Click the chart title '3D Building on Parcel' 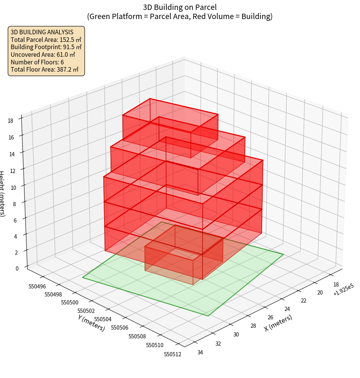[x=180, y=7]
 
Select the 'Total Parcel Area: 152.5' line [x=46, y=40]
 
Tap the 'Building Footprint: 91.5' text [x=46, y=47]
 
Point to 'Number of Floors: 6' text [x=37, y=62]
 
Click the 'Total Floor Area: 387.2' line [x=44, y=70]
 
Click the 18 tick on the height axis [x=10, y=121]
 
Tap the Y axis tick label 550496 [x=37, y=286]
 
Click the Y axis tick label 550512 [x=172, y=354]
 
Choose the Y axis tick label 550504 [x=103, y=319]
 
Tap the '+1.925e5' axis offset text [x=343, y=292]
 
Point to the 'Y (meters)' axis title [x=92, y=322]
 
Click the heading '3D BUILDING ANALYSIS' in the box [x=42, y=32]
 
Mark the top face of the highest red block [x=170, y=115]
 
